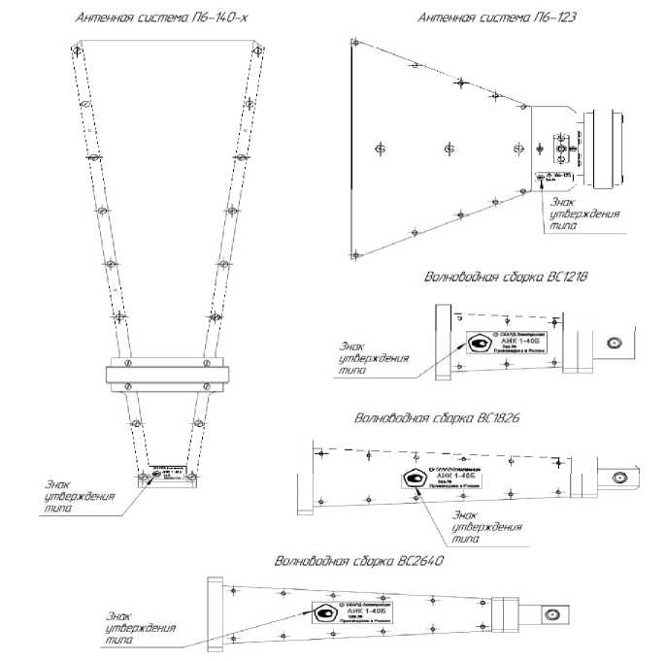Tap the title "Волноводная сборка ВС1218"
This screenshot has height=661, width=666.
(507, 278)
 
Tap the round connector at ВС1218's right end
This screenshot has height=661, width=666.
(613, 343)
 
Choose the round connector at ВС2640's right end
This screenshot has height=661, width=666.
(551, 614)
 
